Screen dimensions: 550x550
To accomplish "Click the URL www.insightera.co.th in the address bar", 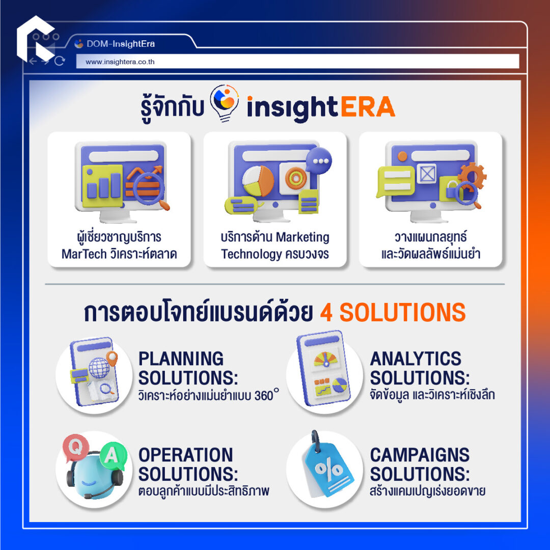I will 120,62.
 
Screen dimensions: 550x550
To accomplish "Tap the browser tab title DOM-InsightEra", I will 121,44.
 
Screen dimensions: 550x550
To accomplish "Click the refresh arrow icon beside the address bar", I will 60,61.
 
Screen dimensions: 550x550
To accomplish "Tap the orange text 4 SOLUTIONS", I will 393,312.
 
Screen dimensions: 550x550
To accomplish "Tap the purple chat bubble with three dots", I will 319,160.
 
